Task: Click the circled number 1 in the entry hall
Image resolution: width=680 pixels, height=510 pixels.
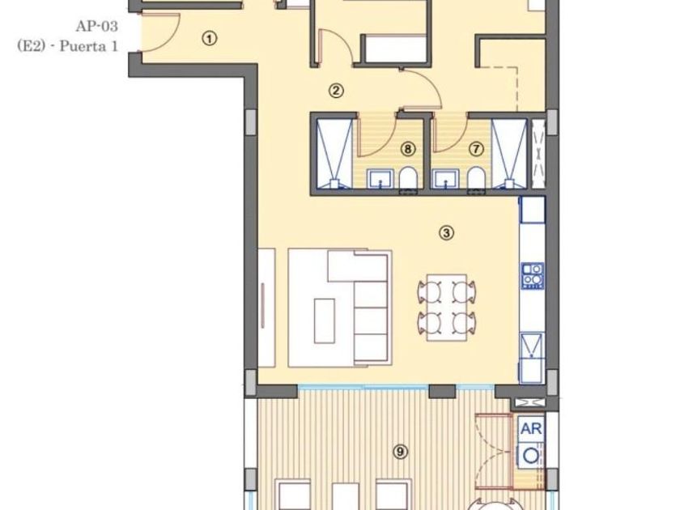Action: [210, 39]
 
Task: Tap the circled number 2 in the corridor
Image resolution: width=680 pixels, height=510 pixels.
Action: [337, 91]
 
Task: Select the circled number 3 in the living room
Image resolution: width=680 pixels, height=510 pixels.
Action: [447, 233]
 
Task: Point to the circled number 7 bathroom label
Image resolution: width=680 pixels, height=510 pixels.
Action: [476, 149]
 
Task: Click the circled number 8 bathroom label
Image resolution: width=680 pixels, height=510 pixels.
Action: [407, 149]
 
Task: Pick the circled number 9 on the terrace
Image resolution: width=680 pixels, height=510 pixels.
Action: [400, 453]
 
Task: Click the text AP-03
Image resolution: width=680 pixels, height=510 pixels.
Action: [96, 27]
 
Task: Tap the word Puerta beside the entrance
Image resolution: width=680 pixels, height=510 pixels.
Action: [78, 46]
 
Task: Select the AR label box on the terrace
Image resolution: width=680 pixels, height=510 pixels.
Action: [531, 428]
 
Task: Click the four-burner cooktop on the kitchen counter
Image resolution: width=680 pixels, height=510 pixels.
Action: [533, 276]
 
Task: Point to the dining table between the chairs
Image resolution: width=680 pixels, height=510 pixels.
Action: [447, 307]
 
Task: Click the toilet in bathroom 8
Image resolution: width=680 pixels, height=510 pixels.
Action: [408, 178]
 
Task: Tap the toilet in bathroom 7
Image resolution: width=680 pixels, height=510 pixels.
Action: [476, 178]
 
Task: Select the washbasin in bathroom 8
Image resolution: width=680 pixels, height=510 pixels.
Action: [380, 179]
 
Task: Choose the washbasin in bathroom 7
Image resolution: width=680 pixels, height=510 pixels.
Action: [447, 179]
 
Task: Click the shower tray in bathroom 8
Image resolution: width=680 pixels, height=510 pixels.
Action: [334, 154]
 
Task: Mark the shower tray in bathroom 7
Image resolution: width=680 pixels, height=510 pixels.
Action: [509, 154]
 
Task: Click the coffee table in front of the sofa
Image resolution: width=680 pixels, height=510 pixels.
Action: [325, 321]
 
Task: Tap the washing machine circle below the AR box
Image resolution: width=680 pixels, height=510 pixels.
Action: [531, 456]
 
